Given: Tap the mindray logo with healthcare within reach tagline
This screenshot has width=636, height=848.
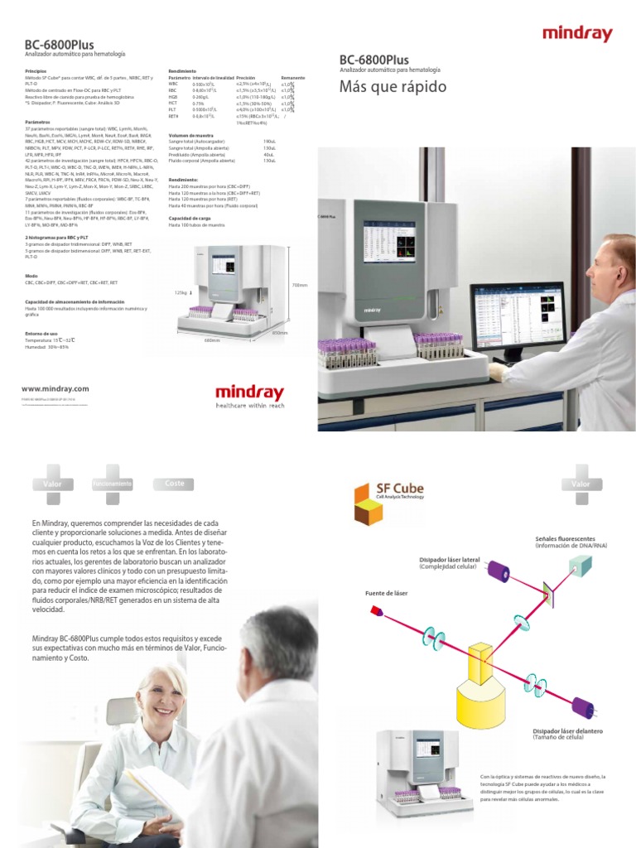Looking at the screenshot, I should click(x=248, y=396).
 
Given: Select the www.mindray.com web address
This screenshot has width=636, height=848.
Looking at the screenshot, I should click(x=55, y=388).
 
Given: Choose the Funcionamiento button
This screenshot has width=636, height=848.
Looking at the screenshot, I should click(x=112, y=483).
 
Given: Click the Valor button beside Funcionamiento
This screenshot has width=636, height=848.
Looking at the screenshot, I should click(x=53, y=483).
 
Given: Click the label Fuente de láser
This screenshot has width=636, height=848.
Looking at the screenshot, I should click(x=386, y=593).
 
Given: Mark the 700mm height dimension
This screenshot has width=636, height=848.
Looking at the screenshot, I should click(x=299, y=286).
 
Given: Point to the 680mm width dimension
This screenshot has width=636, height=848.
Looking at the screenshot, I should click(x=212, y=340).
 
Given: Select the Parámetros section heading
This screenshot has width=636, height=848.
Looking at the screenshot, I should click(x=37, y=121).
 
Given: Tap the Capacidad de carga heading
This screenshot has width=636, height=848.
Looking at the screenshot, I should click(x=190, y=218).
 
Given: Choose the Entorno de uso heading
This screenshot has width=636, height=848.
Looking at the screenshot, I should click(x=41, y=333).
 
